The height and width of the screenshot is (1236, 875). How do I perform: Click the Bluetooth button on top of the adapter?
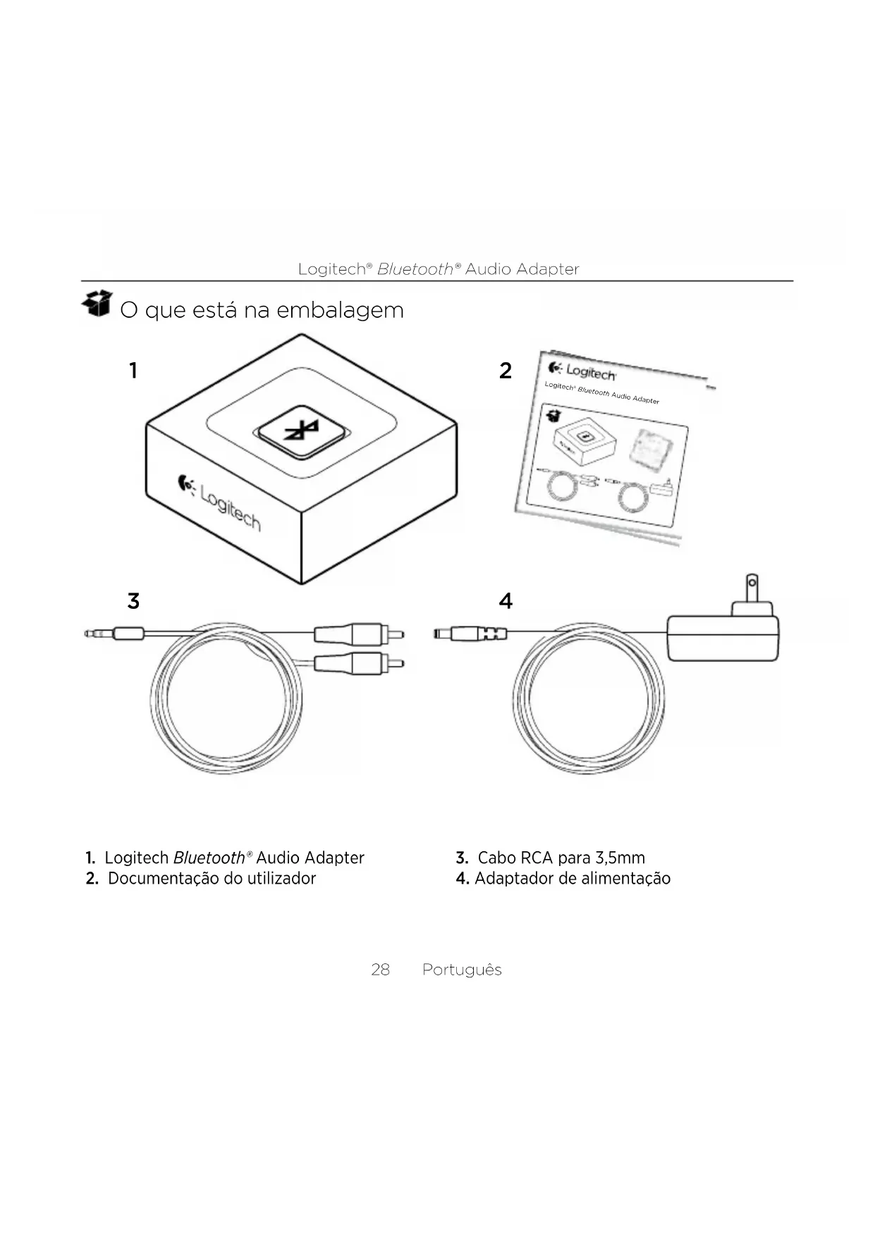click(x=302, y=431)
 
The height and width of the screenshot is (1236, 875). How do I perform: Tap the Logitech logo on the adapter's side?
click(x=219, y=502)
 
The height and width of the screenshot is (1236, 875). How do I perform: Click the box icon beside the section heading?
click(x=97, y=304)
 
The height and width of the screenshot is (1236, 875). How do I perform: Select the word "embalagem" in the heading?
click(x=340, y=310)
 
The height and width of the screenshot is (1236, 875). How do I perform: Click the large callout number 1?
click(x=133, y=371)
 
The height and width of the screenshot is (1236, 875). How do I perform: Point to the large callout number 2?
click(x=505, y=371)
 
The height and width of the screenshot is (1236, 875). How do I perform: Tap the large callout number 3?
click(x=133, y=601)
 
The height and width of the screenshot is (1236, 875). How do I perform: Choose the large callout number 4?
click(x=506, y=601)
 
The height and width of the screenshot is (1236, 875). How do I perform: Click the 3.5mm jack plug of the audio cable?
click(x=113, y=634)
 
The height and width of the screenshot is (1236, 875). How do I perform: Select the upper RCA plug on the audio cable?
click(x=357, y=634)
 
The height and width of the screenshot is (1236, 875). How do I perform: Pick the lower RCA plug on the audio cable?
click(x=357, y=662)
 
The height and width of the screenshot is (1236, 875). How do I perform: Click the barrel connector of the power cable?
click(x=469, y=634)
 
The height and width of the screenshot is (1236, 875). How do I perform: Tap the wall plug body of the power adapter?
click(x=723, y=638)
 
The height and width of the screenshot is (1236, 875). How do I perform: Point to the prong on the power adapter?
click(x=752, y=588)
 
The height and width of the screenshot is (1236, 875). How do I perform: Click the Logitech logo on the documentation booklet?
click(x=582, y=371)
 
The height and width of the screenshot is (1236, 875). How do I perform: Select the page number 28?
click(x=380, y=970)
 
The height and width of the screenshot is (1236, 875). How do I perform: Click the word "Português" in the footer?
click(x=462, y=970)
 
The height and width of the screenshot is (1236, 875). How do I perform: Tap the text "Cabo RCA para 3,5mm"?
click(x=561, y=858)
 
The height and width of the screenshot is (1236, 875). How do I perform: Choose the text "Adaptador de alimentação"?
click(x=572, y=878)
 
